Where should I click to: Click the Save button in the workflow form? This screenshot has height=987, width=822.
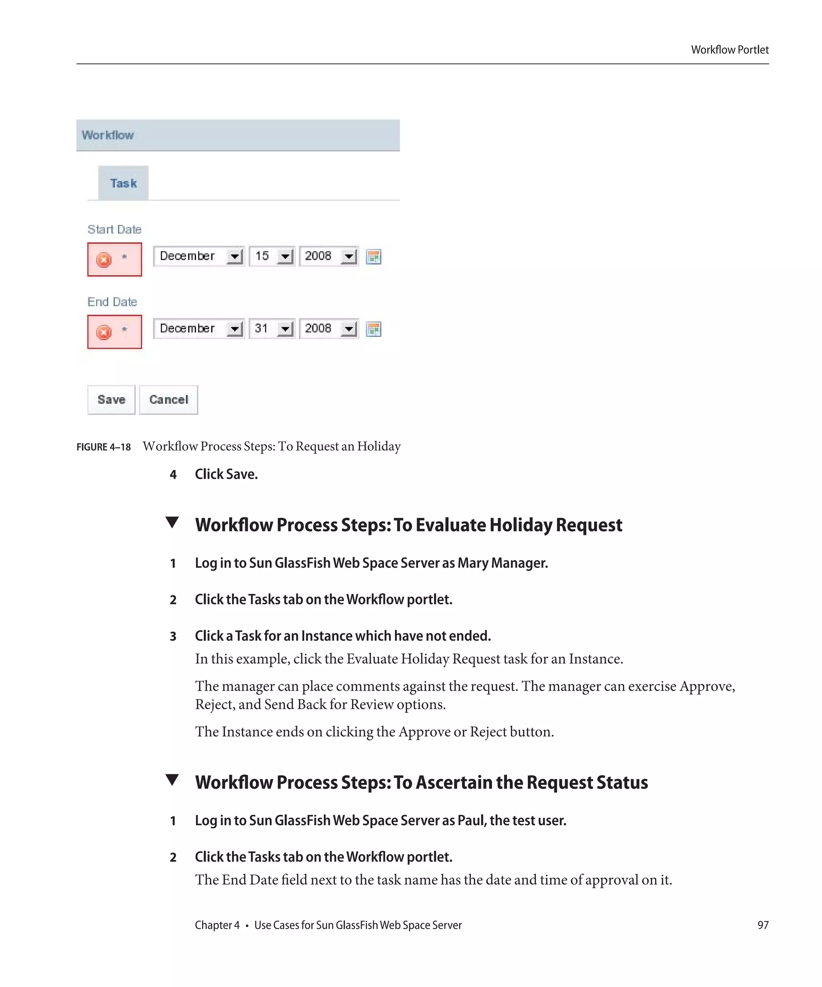pos(111,400)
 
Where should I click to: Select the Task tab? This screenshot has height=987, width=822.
pos(123,183)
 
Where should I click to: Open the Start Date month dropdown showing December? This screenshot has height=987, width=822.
pos(198,256)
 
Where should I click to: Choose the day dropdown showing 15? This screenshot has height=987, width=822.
pos(271,256)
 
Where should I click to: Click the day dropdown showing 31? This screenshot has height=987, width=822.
pos(271,328)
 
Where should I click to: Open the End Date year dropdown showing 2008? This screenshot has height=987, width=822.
pos(329,328)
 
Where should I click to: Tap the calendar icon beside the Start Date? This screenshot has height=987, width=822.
pos(373,257)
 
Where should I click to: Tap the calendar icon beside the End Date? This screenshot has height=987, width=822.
pos(373,330)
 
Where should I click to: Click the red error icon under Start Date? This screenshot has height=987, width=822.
pos(104,259)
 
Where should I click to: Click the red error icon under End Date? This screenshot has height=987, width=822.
pos(104,332)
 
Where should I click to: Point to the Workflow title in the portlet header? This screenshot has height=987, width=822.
pos(108,135)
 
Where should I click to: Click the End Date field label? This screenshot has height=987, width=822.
pos(112,302)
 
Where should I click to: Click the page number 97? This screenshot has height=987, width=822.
pos(763,925)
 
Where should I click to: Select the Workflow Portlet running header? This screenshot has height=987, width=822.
pos(729,50)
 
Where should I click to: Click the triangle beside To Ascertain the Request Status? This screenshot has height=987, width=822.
pos(172,780)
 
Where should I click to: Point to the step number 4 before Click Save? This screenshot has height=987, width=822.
pos(173,475)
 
